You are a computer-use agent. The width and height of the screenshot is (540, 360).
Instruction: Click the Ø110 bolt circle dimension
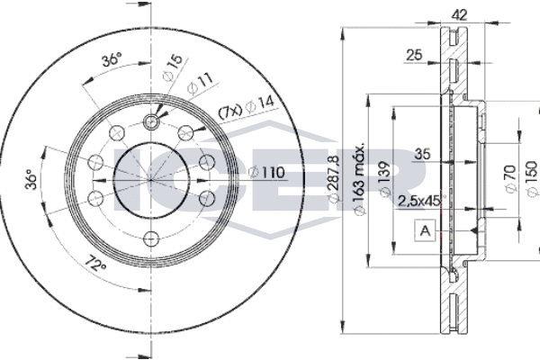tap(265, 172)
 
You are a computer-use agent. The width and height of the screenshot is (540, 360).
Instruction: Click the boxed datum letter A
tap(423, 230)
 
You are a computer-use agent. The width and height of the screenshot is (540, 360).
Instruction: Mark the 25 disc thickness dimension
tap(414, 56)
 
